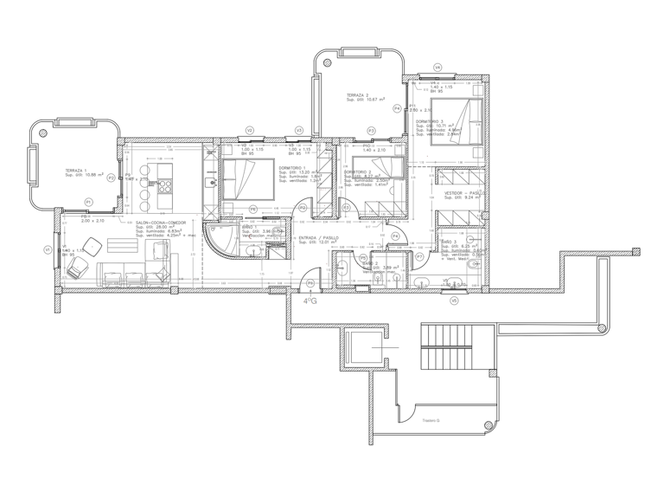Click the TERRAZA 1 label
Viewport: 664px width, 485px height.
click(76, 171)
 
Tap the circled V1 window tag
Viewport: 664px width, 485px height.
click(47, 250)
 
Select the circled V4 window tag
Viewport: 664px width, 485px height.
click(437, 68)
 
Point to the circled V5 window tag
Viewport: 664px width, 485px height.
click(454, 301)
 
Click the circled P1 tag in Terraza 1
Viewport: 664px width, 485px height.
click(88, 202)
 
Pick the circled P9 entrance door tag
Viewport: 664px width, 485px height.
click(311, 283)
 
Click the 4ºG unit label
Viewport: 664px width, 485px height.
click(309, 301)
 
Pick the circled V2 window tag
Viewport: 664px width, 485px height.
click(249, 131)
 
